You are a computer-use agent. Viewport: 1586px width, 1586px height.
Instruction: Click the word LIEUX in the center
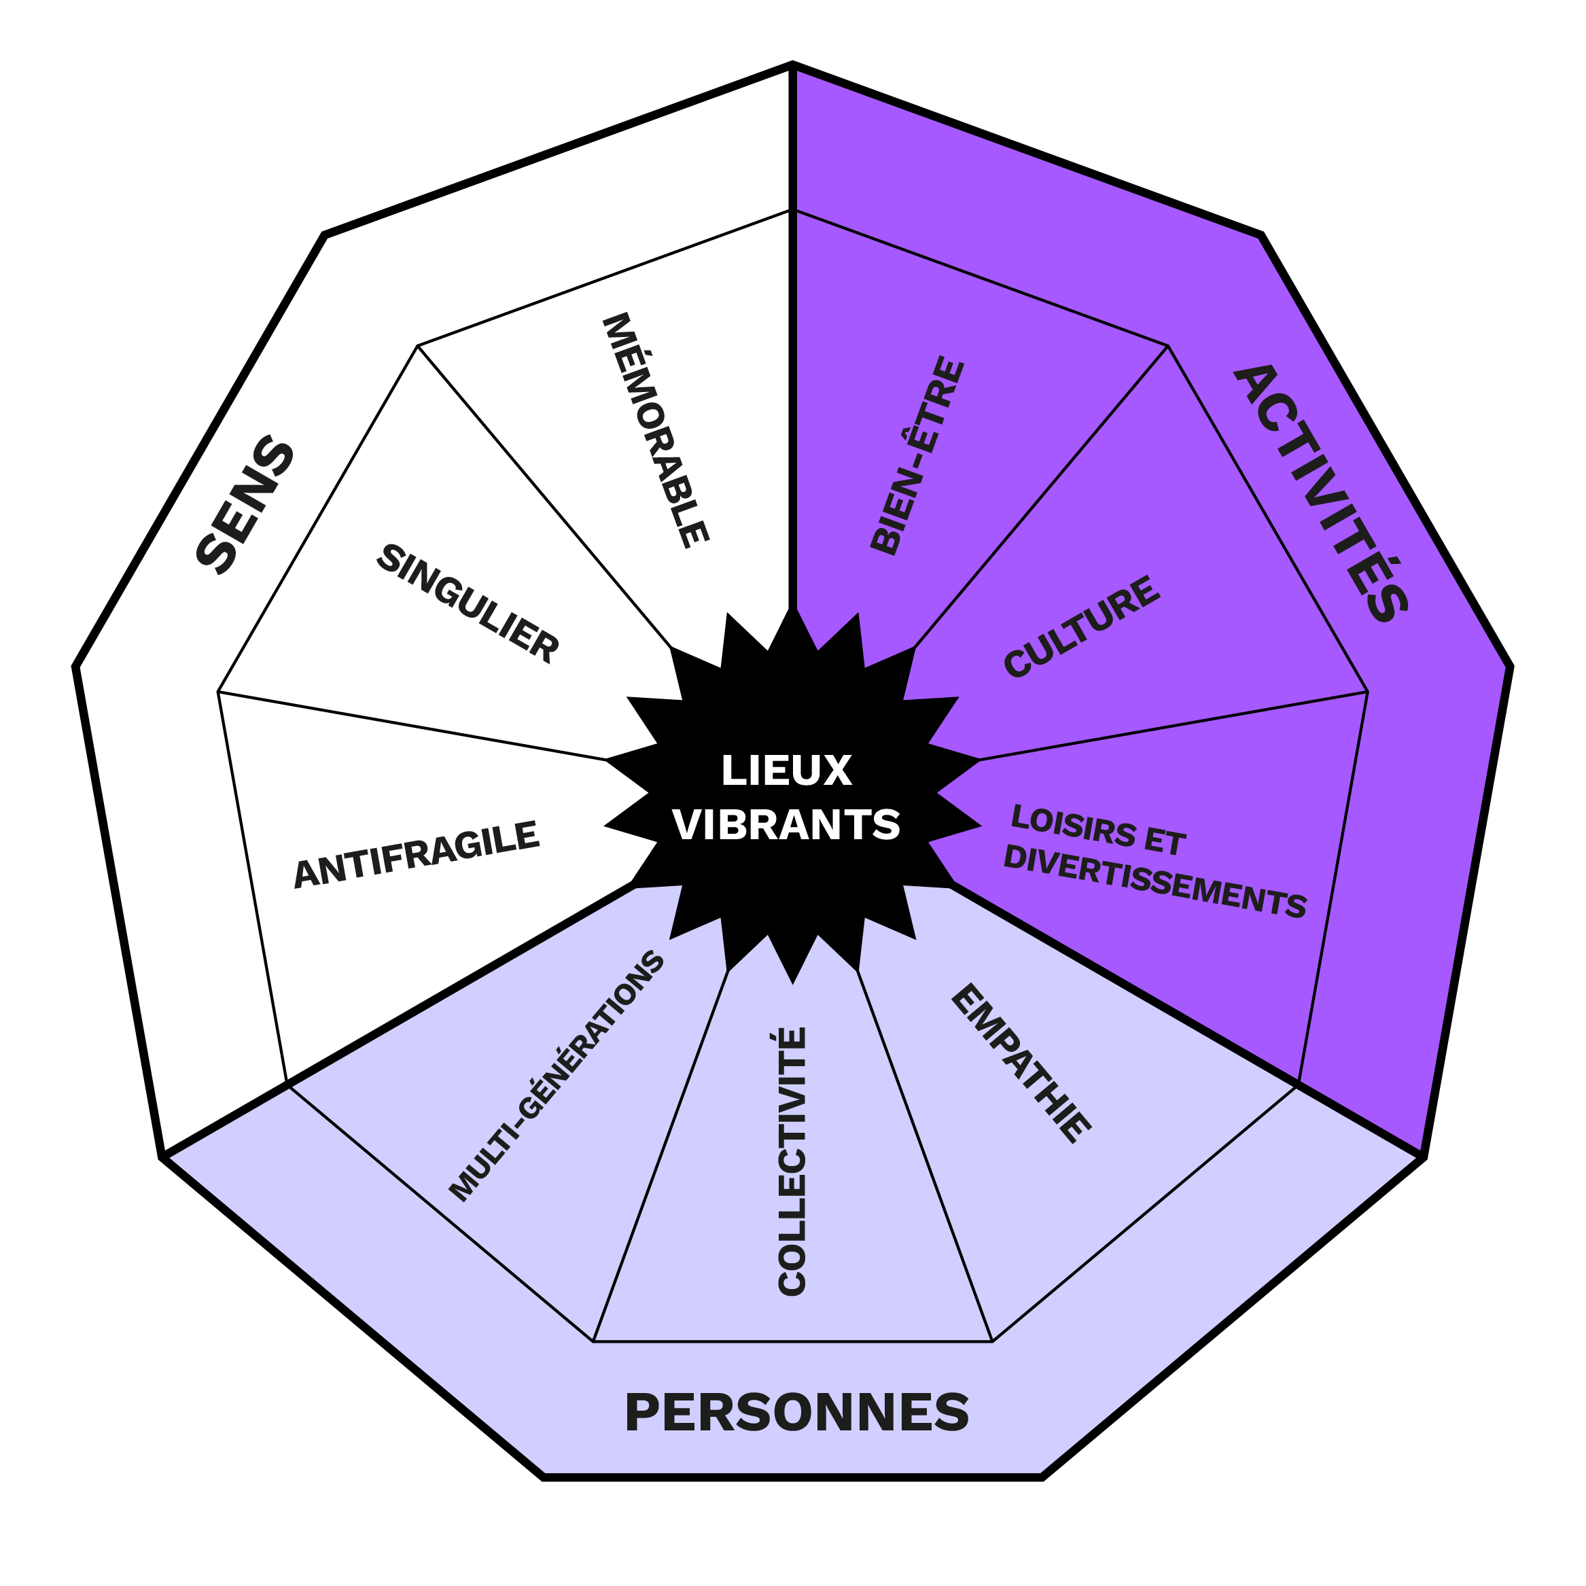786,771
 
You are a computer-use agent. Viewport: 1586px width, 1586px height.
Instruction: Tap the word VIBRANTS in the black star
786,824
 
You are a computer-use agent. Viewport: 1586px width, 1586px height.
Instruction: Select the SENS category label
245,504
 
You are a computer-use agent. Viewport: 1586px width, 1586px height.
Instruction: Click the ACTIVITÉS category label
1322,493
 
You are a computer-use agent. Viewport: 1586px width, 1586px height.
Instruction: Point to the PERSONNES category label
797,1413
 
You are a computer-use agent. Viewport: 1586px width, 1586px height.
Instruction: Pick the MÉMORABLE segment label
655,430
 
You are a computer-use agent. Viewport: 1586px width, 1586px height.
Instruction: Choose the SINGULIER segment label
468,603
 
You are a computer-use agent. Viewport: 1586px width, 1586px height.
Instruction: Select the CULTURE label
1082,627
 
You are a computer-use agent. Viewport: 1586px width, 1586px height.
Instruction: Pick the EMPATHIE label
1021,1064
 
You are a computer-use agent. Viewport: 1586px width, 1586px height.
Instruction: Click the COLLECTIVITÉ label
792,1161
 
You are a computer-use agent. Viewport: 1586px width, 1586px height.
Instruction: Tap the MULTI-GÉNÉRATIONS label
557,1076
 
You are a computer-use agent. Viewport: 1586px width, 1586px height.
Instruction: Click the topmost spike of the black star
792,608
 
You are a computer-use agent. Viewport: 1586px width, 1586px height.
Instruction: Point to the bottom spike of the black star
793,983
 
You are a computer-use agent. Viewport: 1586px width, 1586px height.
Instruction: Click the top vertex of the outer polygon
792,63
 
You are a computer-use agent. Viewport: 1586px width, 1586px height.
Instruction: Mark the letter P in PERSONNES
643,1413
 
